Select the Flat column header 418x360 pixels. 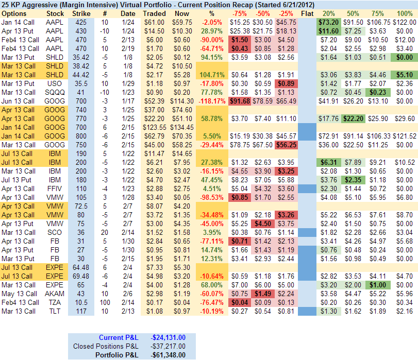(307, 13)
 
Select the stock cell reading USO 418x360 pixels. (55, 83)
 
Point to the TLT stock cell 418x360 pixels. (55, 311)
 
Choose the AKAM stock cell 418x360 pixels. (55, 294)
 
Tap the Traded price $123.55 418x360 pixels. (155, 127)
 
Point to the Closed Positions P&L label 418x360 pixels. (106, 346)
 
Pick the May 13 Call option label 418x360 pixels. (19, 294)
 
